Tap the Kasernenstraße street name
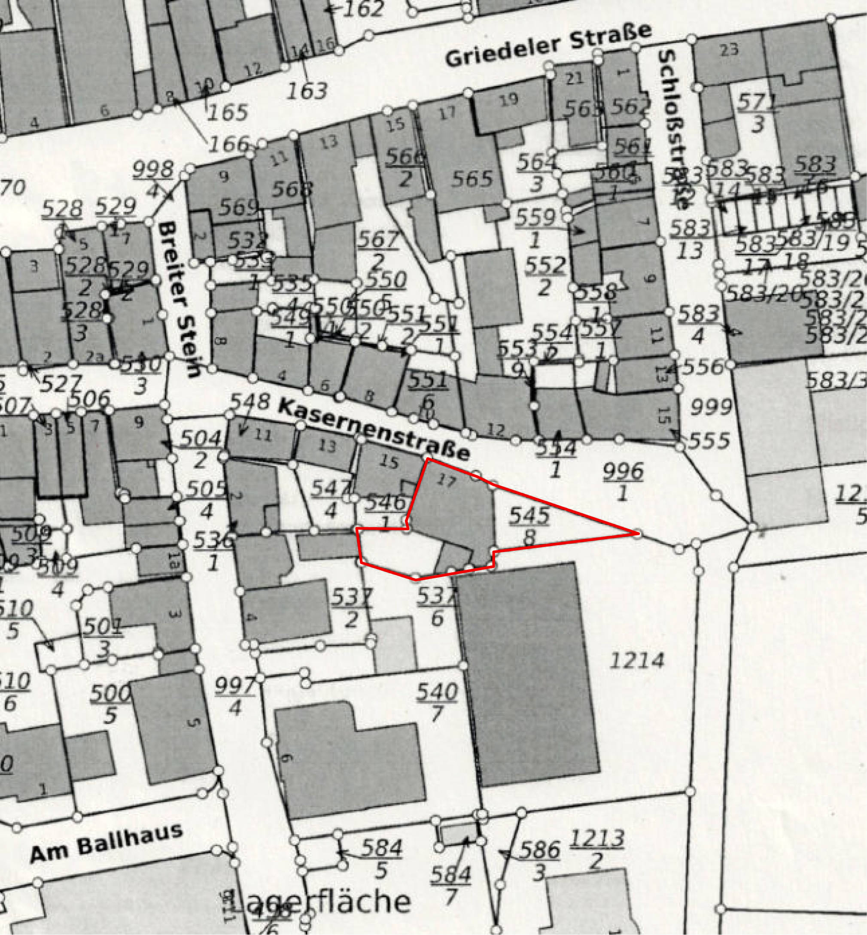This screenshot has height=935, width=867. click(x=374, y=428)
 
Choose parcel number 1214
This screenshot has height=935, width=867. click(x=637, y=661)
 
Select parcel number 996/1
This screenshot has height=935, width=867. click(x=623, y=482)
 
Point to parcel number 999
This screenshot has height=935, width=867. click(x=711, y=407)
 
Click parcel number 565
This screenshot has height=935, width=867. click(x=472, y=179)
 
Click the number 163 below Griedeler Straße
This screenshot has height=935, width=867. click(x=307, y=91)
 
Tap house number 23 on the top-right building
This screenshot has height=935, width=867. click(x=729, y=49)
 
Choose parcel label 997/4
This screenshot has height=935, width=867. click(x=234, y=696)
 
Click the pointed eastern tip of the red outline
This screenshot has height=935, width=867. click(x=637, y=533)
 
